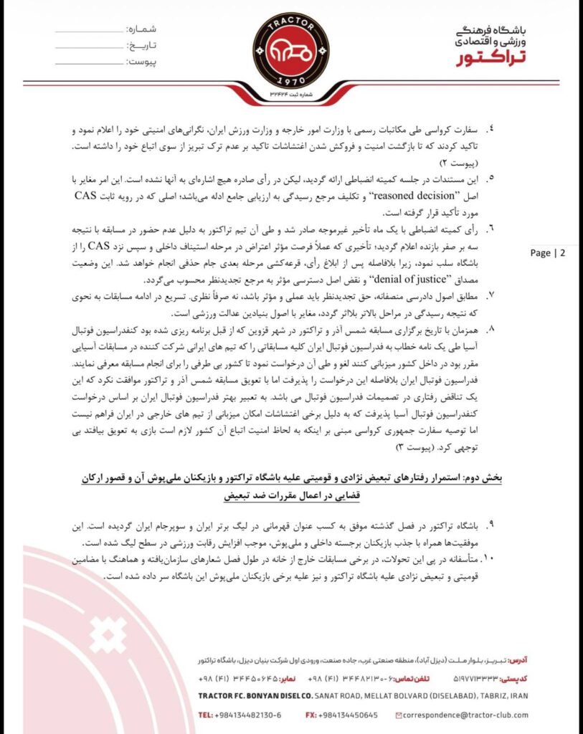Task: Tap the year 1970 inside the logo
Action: pyautogui.click(x=290, y=82)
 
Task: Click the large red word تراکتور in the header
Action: pyautogui.click(x=494, y=57)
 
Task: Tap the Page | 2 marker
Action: pyautogui.click(x=547, y=252)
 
